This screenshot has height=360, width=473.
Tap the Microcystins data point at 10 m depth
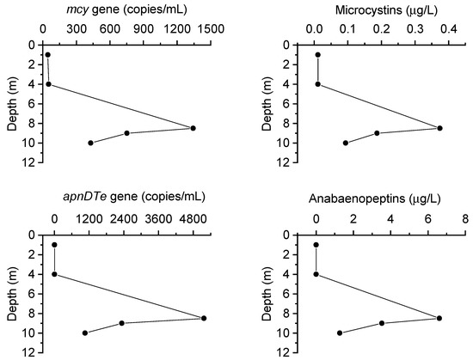346,143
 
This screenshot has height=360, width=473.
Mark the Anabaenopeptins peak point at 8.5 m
439,318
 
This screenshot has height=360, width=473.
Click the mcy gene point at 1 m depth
47,55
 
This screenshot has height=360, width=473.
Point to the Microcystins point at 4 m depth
318,84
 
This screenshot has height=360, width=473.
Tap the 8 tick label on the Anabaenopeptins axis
465,218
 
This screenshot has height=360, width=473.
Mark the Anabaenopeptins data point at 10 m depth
340,333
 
